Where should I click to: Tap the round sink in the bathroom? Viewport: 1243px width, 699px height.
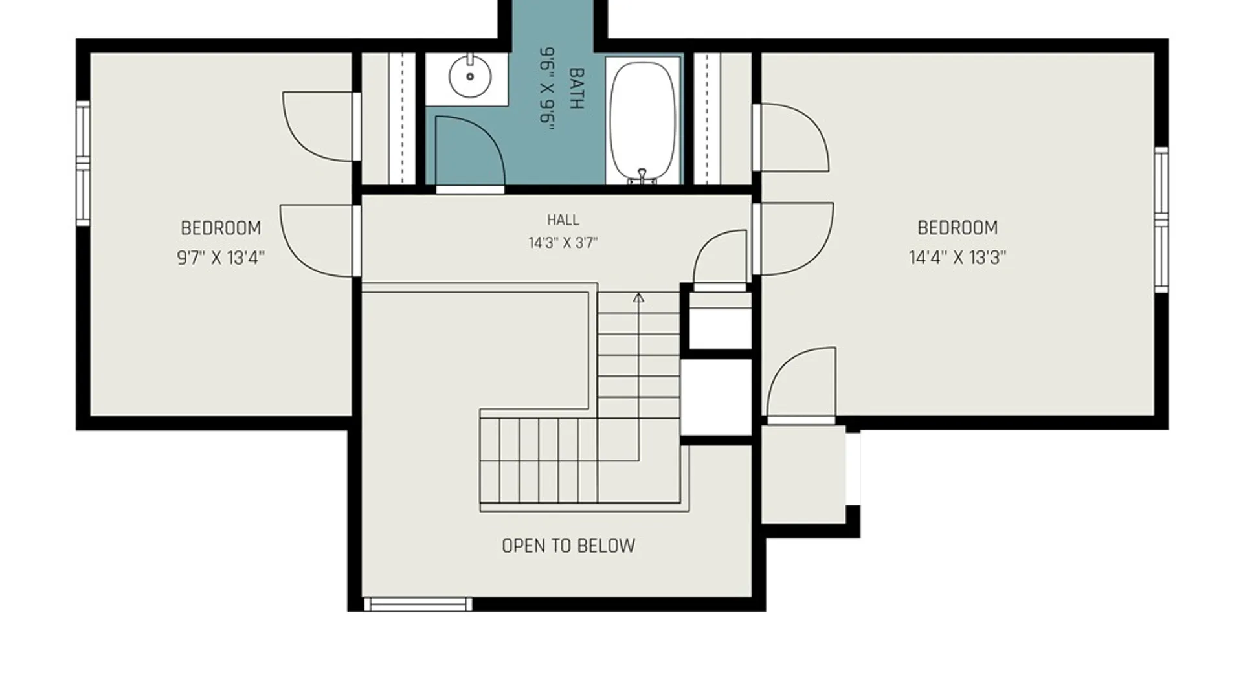469,76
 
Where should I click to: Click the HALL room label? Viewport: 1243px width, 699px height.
563,220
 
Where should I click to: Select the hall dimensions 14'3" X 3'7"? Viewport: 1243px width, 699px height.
563,243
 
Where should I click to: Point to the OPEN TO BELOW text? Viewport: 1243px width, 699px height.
568,546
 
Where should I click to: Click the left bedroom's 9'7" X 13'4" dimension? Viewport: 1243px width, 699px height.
221,258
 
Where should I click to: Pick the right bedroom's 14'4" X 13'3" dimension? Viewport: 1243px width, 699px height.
957,258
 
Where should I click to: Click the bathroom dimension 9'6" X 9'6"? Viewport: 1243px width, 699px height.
548,89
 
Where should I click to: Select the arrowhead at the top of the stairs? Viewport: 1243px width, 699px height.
638,298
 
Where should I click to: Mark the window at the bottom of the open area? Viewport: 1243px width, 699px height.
418,605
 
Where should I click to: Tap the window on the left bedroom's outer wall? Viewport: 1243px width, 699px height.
83,163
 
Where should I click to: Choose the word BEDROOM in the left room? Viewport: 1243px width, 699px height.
221,228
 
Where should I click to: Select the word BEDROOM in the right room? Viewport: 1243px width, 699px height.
957,228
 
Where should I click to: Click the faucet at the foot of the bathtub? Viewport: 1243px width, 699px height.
642,176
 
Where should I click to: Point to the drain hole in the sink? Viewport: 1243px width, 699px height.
470,77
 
